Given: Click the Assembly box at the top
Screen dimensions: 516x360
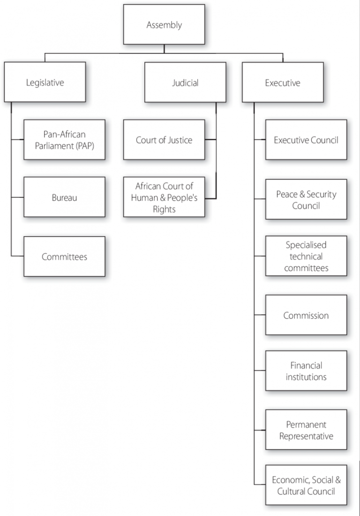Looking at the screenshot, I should coord(164,24).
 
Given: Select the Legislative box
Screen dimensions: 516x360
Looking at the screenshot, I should coord(45,82).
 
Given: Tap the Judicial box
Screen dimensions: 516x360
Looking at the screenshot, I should coord(185,82).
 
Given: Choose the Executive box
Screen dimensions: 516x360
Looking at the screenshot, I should coord(282,82).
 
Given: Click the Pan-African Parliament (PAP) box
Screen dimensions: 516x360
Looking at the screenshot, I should coord(64,140).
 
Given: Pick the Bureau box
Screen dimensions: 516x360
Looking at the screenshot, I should coord(64,197).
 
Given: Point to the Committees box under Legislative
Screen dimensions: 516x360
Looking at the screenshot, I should coord(64,256).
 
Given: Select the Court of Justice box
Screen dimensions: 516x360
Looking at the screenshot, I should coord(164,140).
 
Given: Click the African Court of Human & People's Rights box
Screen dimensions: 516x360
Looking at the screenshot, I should coord(164,197).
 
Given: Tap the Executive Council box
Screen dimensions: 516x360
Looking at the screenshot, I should coord(306,140).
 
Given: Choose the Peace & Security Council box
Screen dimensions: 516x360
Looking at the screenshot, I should coord(306,199).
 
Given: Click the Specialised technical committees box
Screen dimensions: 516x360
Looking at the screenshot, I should coord(306,256).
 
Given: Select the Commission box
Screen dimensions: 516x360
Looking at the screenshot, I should coord(306,315).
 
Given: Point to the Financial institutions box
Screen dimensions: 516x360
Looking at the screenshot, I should coord(306,371).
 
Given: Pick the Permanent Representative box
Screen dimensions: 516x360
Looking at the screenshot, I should coord(306,430).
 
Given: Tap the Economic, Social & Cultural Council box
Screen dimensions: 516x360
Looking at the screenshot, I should coord(306,486).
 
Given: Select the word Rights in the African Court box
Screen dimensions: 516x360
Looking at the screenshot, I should coord(164,209).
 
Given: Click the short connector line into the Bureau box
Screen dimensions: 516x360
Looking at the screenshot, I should coord(18,198).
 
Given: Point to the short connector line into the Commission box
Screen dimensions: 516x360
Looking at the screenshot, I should coord(260,315).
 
